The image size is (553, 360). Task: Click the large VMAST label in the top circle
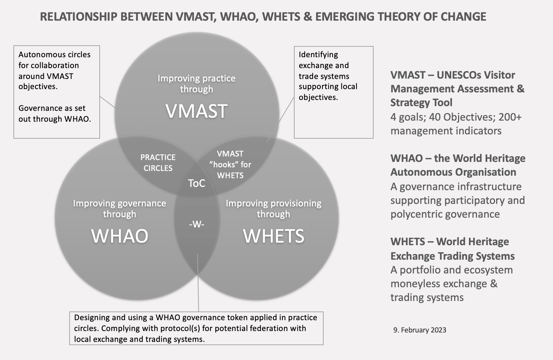tap(196, 111)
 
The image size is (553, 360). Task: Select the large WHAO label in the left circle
tap(120, 236)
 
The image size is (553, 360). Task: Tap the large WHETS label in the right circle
tap(274, 236)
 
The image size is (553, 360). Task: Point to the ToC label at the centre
tap(196, 183)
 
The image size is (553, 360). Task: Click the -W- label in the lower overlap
tap(196, 225)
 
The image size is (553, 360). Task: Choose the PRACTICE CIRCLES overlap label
tap(158, 163)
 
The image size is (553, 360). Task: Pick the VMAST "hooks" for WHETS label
tap(230, 164)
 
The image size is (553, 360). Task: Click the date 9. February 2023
tap(420, 330)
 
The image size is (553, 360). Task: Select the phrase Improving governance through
tap(120, 209)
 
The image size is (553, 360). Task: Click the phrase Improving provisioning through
tap(274, 209)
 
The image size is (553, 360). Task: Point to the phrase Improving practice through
tap(196, 84)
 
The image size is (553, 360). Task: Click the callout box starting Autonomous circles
tap(57, 92)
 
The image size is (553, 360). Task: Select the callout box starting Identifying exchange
tap(333, 92)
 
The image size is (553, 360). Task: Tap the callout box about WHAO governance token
tap(196, 328)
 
